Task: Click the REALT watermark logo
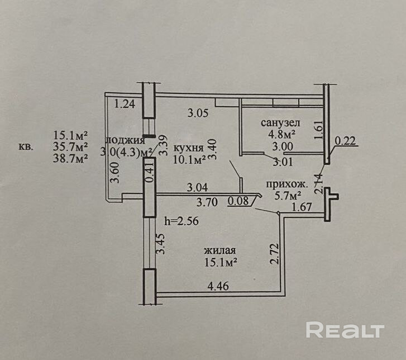[345, 330]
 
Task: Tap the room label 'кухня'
[188, 148]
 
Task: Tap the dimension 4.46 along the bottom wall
[218, 287]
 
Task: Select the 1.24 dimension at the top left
[125, 103]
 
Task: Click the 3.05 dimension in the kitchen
[197, 113]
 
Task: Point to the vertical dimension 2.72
[273, 254]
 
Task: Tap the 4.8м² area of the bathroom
[280, 134]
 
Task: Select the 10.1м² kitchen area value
[188, 158]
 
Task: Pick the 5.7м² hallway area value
[288, 196]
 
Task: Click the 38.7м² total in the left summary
[71, 159]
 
